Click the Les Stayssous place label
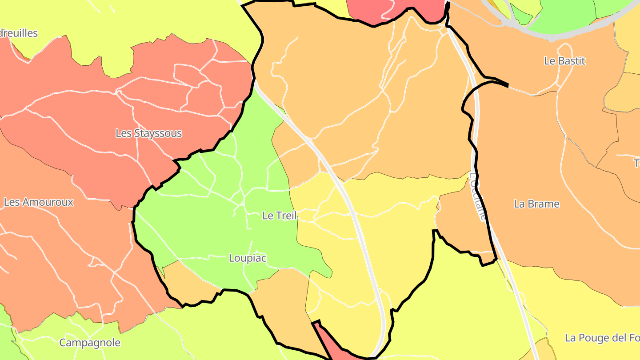pyautogui.click(x=148, y=133)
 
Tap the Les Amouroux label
pyautogui.click(x=39, y=202)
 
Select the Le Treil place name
pyautogui.click(x=280, y=216)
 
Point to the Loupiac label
pyautogui.click(x=248, y=258)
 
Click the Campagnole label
pyautogui.click(x=90, y=343)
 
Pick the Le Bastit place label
pyautogui.click(x=564, y=61)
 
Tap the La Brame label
pyautogui.click(x=536, y=204)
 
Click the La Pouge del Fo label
pyautogui.click(x=602, y=338)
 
